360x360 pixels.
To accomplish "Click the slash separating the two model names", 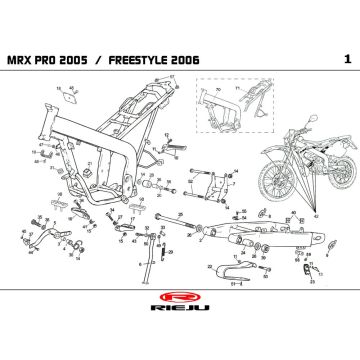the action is (126, 60).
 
